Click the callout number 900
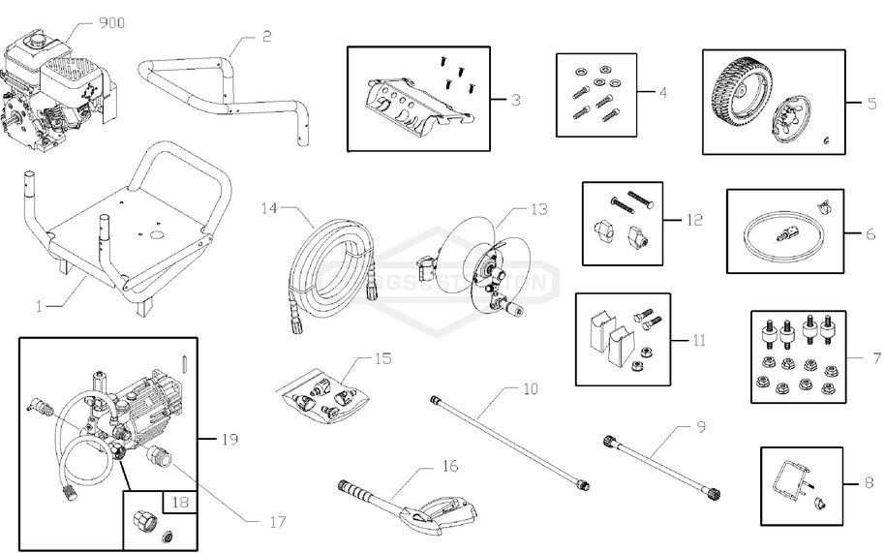(111, 22)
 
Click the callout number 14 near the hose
(269, 207)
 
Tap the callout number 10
(530, 390)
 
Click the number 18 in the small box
(180, 502)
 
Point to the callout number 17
(278, 522)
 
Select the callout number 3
(516, 100)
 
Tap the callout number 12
(692, 219)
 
